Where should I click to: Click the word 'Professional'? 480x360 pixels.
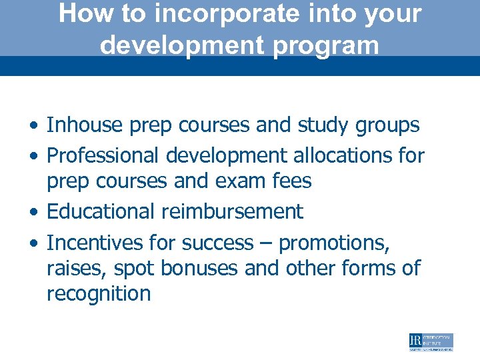coord(103,155)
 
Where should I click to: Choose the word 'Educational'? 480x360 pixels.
coord(101,212)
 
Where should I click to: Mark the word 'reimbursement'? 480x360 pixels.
coord(233,212)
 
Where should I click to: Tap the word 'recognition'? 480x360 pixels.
coord(99,294)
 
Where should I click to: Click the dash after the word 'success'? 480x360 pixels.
coord(266,243)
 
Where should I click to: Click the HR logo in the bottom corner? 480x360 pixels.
coord(431,342)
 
